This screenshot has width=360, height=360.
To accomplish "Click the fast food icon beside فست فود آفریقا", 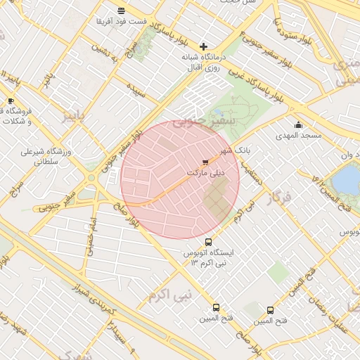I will pos(122,11).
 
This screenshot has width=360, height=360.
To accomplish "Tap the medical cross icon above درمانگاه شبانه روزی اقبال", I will pos(204,46).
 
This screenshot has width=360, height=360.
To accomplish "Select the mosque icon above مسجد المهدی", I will pos(298,125).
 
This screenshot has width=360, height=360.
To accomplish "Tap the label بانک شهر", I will pos(233,150).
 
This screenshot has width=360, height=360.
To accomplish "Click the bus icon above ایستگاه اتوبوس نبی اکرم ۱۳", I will pos(207,242).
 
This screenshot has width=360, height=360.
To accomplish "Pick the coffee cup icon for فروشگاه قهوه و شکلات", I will pos(11,101).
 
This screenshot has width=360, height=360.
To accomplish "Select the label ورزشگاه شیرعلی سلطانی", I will pos(42,155).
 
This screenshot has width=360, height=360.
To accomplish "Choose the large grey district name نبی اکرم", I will pos(169,295).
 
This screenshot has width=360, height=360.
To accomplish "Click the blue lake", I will pos(346,179).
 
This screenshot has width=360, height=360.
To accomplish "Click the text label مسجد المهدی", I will pos(298,135).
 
